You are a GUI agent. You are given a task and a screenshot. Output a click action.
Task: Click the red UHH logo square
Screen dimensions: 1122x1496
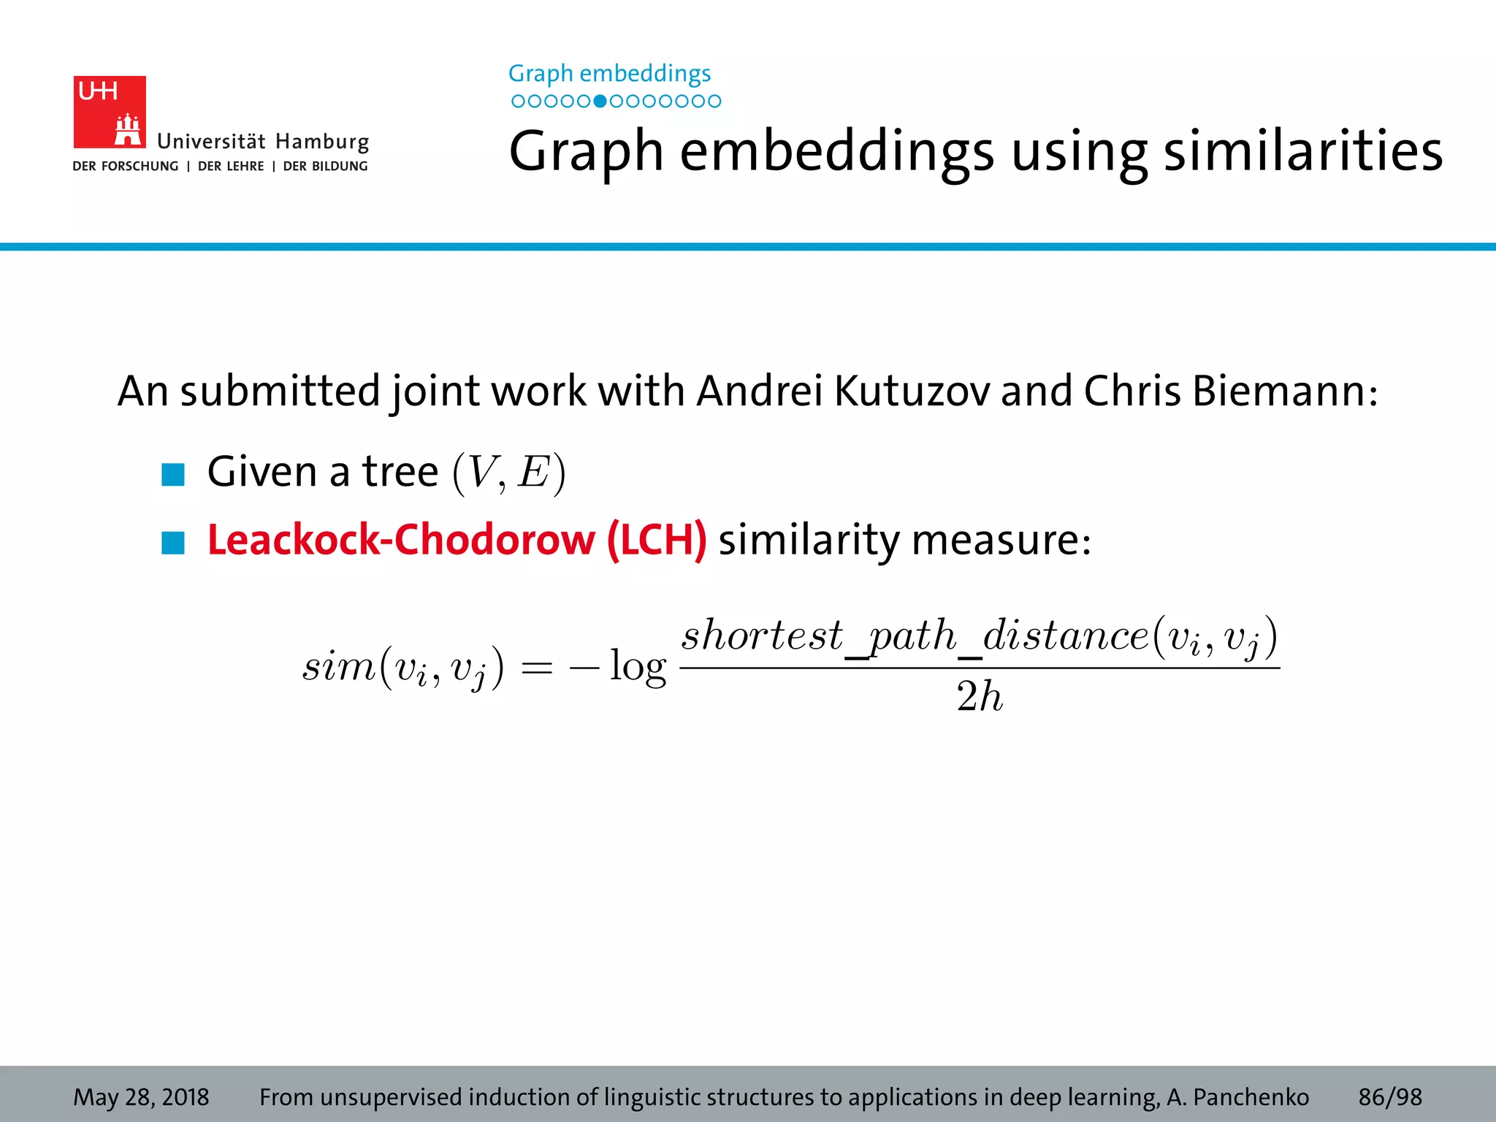(x=110, y=112)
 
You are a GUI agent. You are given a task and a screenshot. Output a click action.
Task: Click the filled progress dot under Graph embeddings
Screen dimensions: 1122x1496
(x=600, y=101)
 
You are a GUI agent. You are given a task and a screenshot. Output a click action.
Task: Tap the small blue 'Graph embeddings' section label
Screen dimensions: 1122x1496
(x=609, y=73)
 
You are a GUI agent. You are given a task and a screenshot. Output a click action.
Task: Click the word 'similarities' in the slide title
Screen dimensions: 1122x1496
(x=1302, y=151)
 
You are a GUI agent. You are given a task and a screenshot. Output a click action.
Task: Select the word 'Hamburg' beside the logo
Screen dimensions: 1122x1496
(x=322, y=141)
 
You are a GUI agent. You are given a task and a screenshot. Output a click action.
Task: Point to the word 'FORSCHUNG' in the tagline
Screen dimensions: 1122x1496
(x=140, y=167)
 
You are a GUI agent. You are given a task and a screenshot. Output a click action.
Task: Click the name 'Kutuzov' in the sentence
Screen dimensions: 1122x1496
(x=912, y=391)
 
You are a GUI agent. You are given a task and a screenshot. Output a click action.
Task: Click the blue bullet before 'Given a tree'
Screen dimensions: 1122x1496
(x=173, y=475)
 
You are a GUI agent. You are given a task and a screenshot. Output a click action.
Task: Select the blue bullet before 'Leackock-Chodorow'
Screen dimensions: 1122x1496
(x=173, y=543)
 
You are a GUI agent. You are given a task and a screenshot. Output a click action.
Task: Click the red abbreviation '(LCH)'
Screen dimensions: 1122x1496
(x=656, y=541)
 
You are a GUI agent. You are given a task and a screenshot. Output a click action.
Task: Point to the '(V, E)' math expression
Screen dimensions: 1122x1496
(x=509, y=473)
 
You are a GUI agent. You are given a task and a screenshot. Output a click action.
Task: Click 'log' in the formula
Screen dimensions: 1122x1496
(x=638, y=666)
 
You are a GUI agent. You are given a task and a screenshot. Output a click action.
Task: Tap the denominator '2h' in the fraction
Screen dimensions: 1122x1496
(x=980, y=696)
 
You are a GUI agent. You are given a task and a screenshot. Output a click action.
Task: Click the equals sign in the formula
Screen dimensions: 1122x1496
(x=536, y=668)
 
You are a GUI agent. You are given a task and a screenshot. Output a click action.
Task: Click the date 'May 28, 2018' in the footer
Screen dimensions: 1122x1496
(x=141, y=1097)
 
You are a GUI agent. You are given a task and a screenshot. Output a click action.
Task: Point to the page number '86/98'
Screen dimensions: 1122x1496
(x=1390, y=1097)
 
